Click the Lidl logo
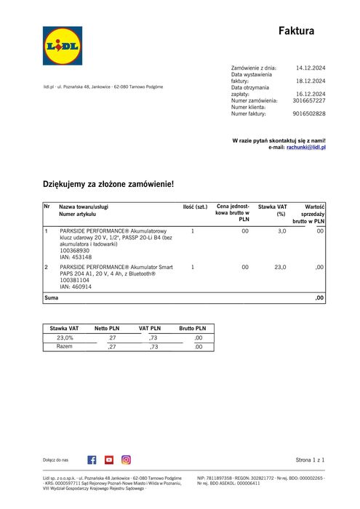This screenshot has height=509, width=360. pos(63,47)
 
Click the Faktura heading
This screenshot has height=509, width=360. pos(297,31)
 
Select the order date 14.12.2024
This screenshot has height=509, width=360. pos(311,68)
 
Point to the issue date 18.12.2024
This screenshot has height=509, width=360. pos(311,81)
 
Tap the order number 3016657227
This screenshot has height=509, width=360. pos(308,100)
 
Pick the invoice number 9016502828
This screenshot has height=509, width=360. pos(308,113)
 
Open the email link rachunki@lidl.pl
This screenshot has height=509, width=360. pos(306,147)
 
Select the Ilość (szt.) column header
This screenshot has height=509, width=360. pos(195,207)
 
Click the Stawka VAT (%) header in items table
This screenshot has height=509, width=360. pos(273,211)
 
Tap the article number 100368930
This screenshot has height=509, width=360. pos(76,250)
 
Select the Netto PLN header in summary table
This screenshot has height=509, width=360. pos(107,329)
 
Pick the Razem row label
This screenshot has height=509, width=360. pos(65,347)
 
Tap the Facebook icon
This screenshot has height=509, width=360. pos(92,460)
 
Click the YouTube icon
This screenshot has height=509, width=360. pos(109,460)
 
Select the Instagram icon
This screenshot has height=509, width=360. pos(126,460)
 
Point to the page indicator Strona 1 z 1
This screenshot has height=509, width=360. pos(311,460)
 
